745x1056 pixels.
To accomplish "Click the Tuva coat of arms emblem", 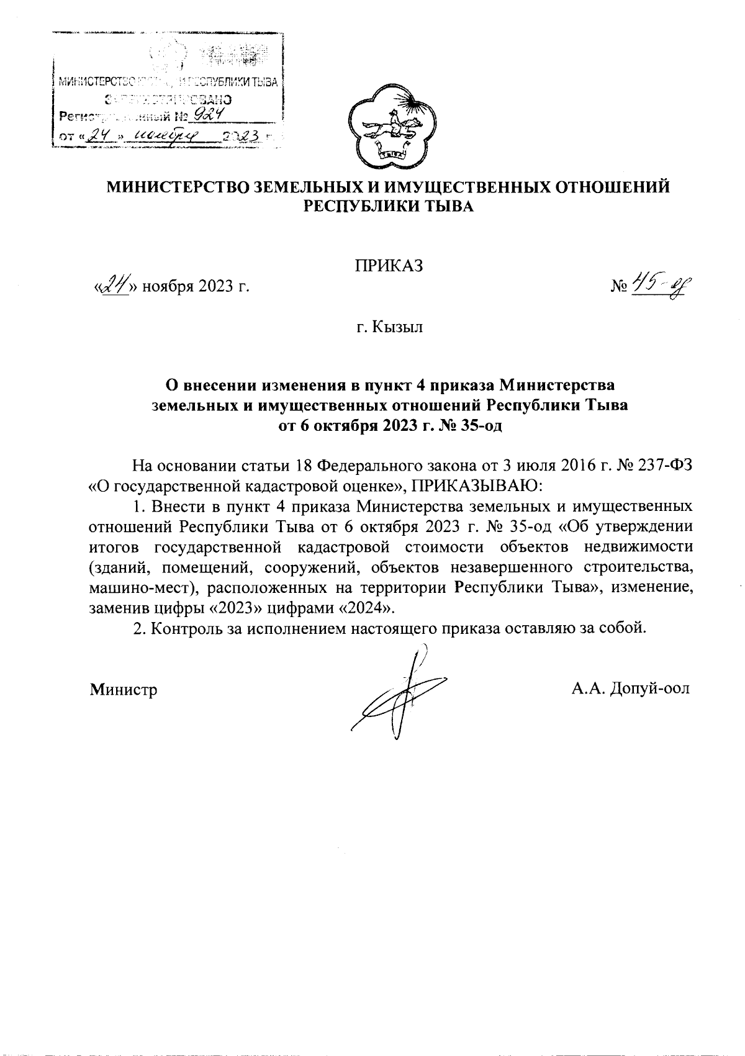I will pyautogui.click(x=390, y=129).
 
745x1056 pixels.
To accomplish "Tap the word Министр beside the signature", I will pyautogui.click(x=124, y=690).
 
